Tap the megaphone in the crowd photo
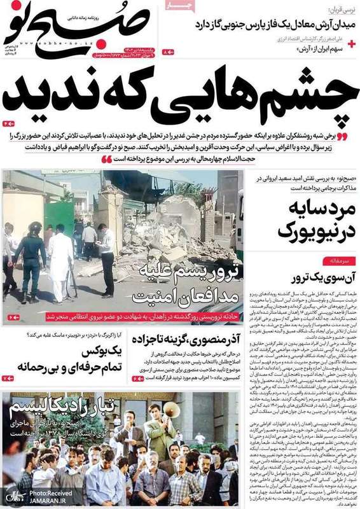[170, 411]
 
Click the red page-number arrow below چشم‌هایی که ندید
[9, 122]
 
